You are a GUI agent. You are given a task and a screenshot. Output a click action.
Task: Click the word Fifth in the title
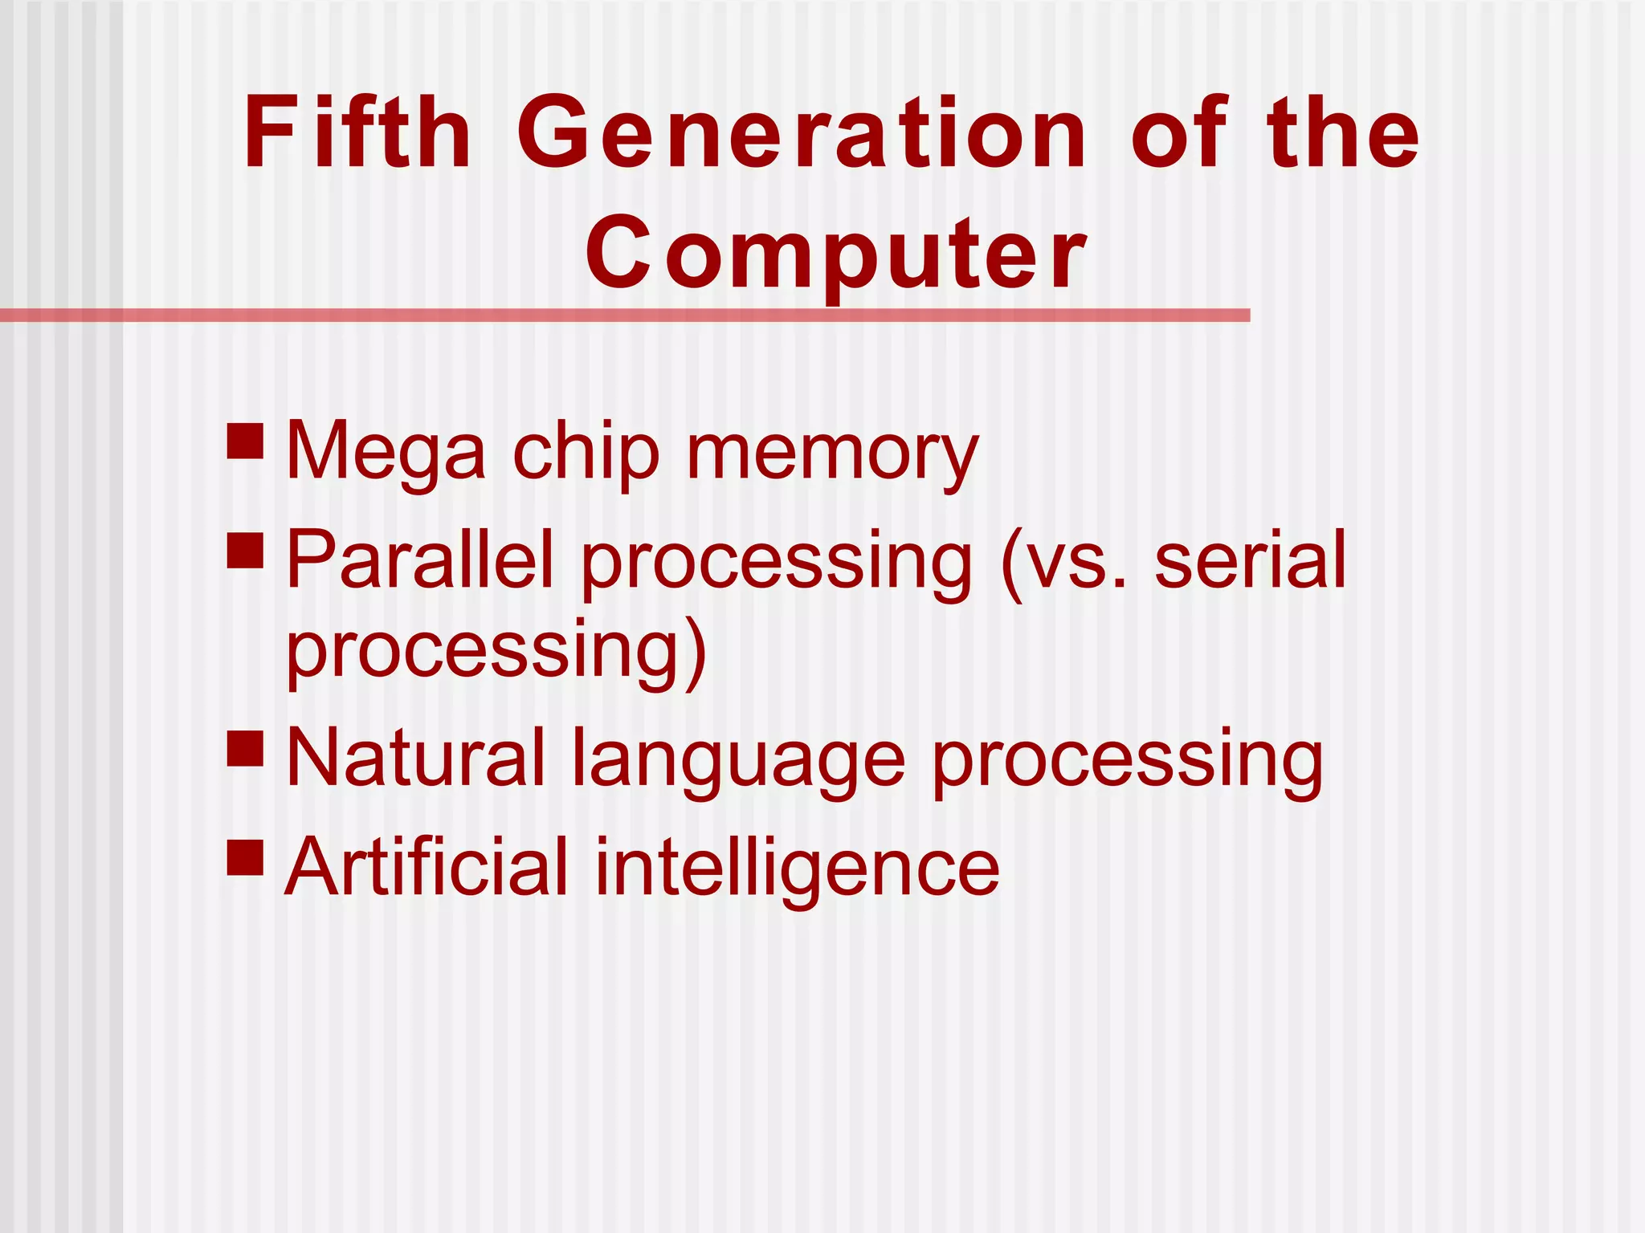click(357, 132)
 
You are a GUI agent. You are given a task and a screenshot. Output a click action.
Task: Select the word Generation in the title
click(802, 132)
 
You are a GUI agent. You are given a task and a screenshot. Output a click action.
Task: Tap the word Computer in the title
click(835, 254)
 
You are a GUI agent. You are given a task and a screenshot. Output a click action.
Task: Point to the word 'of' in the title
click(1179, 132)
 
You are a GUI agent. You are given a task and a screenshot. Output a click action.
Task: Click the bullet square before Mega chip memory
click(246, 441)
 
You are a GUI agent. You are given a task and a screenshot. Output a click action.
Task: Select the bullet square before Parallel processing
click(246, 551)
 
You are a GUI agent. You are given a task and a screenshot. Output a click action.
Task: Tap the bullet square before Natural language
click(246, 747)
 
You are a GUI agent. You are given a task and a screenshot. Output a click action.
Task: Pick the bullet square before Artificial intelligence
click(246, 857)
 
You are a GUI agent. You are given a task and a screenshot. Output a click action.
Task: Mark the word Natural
click(415, 758)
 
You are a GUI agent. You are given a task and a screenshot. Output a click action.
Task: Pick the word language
click(738, 759)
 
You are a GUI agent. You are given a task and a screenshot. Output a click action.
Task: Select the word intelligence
click(797, 869)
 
